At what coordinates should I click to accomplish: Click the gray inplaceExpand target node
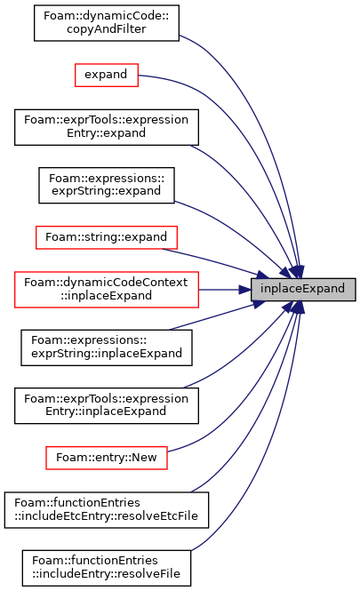pyautogui.click(x=303, y=289)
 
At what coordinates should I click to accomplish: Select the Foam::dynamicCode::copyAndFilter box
pyautogui.click(x=107, y=23)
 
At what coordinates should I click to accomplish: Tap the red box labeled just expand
pyautogui.click(x=107, y=75)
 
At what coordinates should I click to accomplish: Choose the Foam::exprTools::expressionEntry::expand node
pyautogui.click(x=107, y=127)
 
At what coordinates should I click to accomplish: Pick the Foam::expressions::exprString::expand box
pyautogui.click(x=107, y=185)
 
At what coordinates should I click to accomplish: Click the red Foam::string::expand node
pyautogui.click(x=107, y=237)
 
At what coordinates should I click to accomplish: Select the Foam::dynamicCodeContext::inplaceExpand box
pyautogui.click(x=107, y=289)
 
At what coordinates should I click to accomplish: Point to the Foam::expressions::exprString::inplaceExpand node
pyautogui.click(x=107, y=347)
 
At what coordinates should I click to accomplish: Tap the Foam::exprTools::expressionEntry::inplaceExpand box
pyautogui.click(x=107, y=405)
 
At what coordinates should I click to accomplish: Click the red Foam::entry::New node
pyautogui.click(x=107, y=458)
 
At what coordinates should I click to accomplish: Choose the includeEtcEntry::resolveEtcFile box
pyautogui.click(x=107, y=509)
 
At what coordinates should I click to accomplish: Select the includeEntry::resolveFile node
pyautogui.click(x=107, y=568)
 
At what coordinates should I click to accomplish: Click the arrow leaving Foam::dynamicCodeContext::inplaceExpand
pyautogui.click(x=225, y=290)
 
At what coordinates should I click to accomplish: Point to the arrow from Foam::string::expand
pyautogui.click(x=216, y=261)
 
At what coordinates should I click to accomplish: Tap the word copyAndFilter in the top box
pyautogui.click(x=107, y=29)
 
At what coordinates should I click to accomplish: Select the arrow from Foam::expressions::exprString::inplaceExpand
pyautogui.click(x=217, y=315)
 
